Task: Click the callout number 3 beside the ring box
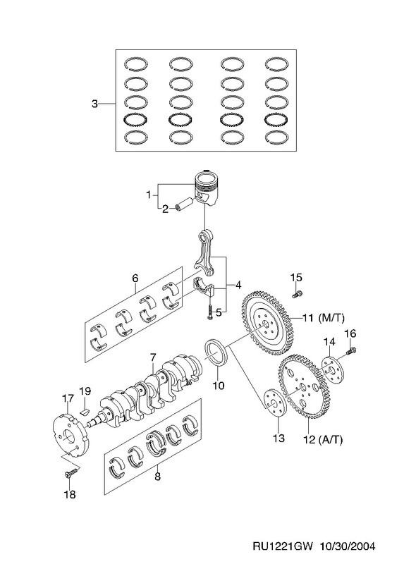[x=94, y=104]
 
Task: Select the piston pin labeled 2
[x=184, y=203]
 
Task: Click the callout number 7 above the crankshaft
[x=153, y=358]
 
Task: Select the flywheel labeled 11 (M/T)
[x=267, y=323]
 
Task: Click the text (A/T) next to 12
[x=330, y=439]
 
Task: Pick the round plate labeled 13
[x=275, y=403]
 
